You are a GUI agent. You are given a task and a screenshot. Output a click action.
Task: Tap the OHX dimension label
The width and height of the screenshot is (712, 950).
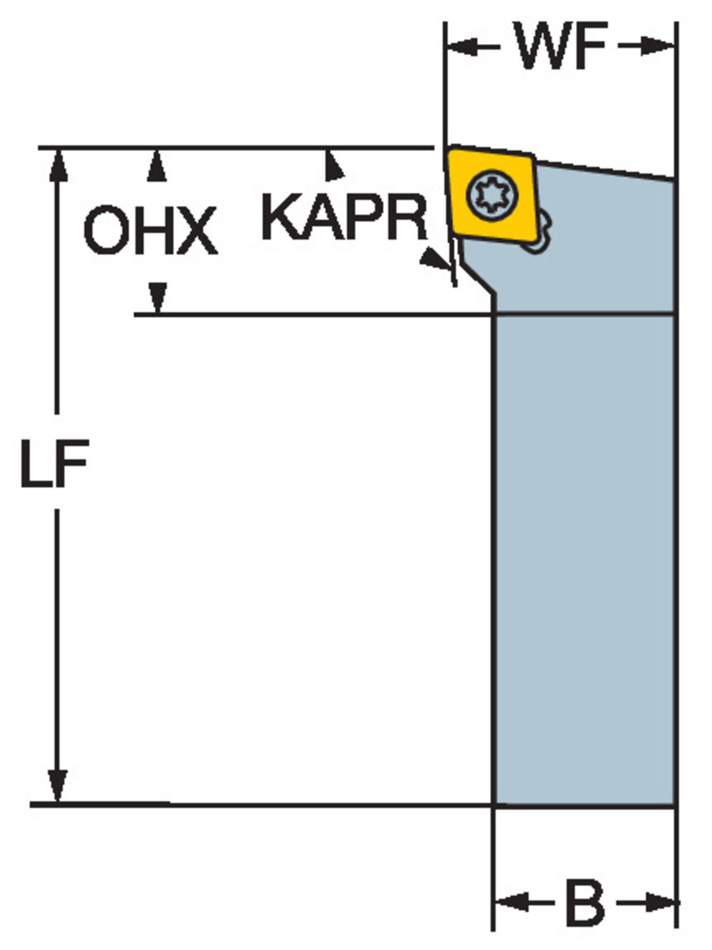[x=150, y=231]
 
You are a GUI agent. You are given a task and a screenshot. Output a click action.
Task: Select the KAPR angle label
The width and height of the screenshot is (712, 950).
[x=344, y=217]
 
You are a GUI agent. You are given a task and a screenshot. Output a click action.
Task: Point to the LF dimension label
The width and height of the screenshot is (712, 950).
[x=54, y=463]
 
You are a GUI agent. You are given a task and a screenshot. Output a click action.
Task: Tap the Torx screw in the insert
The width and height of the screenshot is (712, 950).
[x=492, y=194]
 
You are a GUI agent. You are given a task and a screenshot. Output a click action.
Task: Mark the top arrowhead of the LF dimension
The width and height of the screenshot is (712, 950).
[x=58, y=163]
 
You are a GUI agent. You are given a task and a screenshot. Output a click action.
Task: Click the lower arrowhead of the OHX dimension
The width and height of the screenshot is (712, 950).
[x=157, y=297]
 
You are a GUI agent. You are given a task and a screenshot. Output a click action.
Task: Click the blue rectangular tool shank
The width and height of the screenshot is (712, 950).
[x=584, y=557]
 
